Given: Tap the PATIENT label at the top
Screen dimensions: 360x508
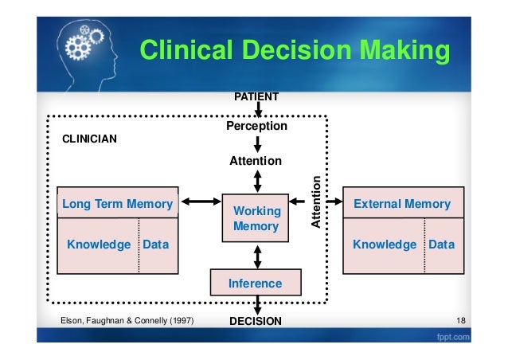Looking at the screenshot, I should click(x=256, y=96).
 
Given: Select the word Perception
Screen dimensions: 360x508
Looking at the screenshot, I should click(x=256, y=126).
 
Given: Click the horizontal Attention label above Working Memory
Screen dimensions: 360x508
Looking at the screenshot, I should click(x=256, y=161).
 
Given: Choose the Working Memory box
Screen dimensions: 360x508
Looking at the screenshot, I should click(x=256, y=218).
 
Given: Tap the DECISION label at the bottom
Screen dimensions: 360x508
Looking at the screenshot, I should click(x=256, y=322).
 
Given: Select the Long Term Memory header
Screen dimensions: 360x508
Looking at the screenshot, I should click(x=118, y=204).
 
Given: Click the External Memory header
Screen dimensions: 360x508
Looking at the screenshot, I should click(x=402, y=204).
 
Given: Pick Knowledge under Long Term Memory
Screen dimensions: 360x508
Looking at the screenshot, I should click(x=98, y=245).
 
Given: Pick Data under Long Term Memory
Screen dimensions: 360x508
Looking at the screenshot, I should click(x=155, y=245).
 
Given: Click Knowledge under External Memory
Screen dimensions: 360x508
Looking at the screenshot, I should click(x=385, y=245).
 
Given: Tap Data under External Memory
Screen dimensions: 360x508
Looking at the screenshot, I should click(x=441, y=245).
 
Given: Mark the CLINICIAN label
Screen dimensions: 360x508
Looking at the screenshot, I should click(x=89, y=138).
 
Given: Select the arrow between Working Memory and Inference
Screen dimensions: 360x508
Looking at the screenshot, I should click(x=256, y=256).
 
